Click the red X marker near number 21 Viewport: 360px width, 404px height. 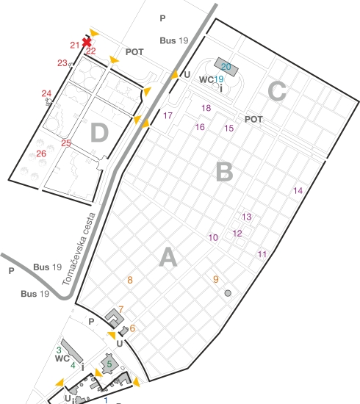pos(87,43)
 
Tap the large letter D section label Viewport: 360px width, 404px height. pos(99,133)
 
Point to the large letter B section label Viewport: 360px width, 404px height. pos(225,172)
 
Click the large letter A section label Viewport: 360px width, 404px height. pos(168,257)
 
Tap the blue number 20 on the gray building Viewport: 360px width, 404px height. pos(226,67)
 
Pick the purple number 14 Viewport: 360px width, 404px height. pos(298,191)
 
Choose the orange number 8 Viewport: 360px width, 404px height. pos(130,280)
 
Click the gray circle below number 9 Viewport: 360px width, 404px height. pos(228,293)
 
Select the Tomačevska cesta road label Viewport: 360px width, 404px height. pos(79,249)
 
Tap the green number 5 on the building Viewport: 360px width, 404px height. pos(109,364)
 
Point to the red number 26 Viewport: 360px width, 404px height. pos(41,154)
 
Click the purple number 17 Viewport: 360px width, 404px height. pos(168,115)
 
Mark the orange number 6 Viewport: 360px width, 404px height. pos(132,328)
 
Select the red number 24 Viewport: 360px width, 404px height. pos(46,93)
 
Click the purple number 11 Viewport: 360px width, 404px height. pos(262,254)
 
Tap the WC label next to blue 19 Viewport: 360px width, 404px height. pos(206,79)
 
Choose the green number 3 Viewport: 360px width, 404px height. pos(59,350)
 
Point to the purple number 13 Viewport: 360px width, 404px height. pos(247,217)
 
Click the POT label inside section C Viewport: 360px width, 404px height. pos(253,119)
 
